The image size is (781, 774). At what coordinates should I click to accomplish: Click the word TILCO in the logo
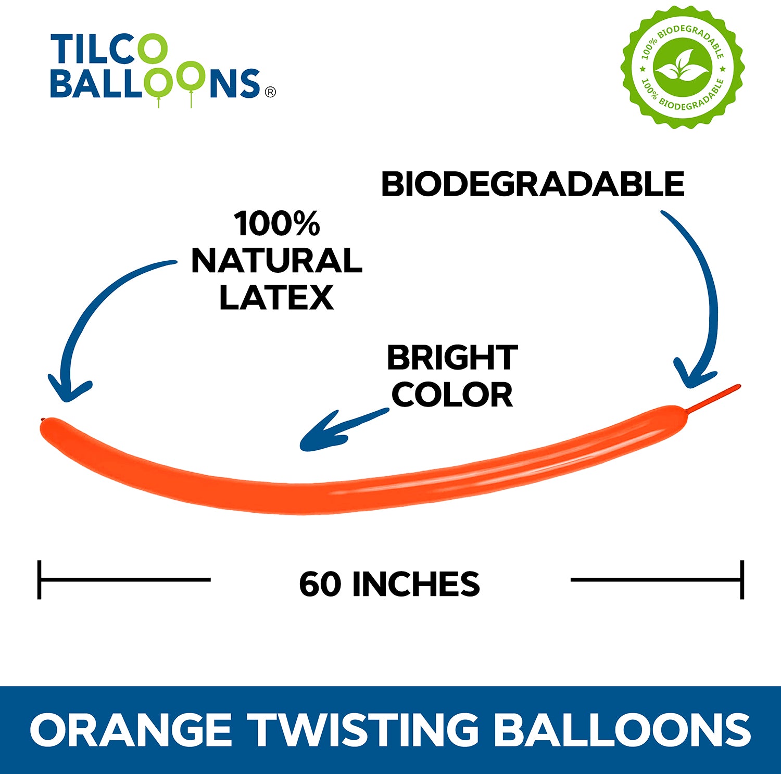[108, 50]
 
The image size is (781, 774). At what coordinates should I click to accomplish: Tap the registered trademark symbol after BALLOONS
[270, 92]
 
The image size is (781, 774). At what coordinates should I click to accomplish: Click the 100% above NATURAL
[276, 223]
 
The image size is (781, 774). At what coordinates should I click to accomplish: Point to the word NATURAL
[276, 260]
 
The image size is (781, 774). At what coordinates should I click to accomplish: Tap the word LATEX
[276, 297]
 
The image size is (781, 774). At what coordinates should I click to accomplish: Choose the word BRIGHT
[452, 358]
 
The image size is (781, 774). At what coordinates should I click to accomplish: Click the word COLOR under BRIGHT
[452, 395]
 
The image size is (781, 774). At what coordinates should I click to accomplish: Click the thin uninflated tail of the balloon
[714, 398]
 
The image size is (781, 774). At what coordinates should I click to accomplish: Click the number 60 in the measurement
[320, 583]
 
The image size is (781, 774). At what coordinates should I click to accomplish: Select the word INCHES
[416, 583]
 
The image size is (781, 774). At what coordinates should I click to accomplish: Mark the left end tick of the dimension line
[40, 579]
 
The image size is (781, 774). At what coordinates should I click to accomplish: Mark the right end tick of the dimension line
[742, 579]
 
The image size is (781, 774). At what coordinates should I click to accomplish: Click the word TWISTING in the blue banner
[362, 729]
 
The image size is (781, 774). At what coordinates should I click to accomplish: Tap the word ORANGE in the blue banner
[131, 729]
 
